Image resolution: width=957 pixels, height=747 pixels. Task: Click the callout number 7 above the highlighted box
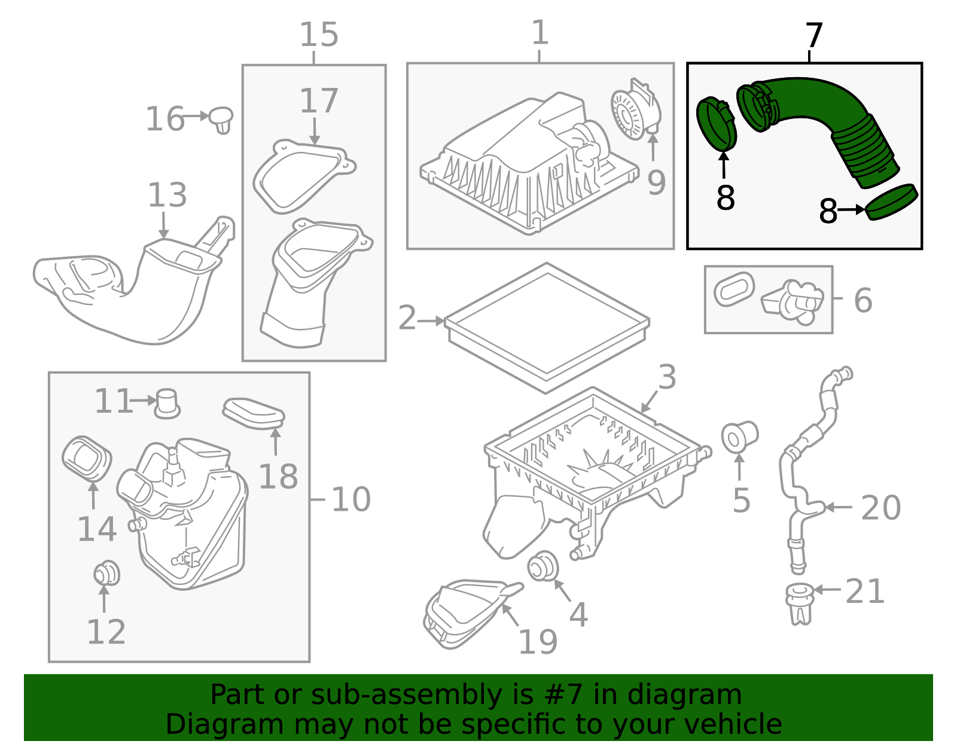pyautogui.click(x=814, y=36)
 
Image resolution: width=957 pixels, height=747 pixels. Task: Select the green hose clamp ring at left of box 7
pyautogui.click(x=717, y=124)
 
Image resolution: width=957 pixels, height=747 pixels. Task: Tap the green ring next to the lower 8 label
pyautogui.click(x=892, y=202)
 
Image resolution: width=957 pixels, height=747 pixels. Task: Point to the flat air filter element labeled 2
pyautogui.click(x=547, y=327)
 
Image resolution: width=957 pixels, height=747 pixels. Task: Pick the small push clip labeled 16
pyautogui.click(x=221, y=120)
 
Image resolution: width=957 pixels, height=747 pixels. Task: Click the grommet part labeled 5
pyautogui.click(x=739, y=437)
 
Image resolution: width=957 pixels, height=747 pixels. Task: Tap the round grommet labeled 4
pyautogui.click(x=543, y=566)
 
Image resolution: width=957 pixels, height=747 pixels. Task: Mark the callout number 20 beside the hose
pyautogui.click(x=880, y=508)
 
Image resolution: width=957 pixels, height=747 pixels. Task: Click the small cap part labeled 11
pyautogui.click(x=167, y=403)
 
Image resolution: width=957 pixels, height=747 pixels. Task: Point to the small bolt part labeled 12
pyautogui.click(x=107, y=574)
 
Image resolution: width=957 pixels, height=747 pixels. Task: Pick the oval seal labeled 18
pyautogui.click(x=254, y=413)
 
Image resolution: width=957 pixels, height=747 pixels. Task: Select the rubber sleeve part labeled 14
pyautogui.click(x=87, y=459)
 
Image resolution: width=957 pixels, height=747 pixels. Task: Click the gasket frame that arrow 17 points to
pyautogui.click(x=304, y=176)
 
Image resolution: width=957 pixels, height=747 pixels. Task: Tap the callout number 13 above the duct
pyautogui.click(x=167, y=195)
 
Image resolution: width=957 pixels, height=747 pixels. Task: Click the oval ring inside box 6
pyautogui.click(x=734, y=289)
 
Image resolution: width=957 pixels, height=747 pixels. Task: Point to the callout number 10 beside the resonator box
pyautogui.click(x=351, y=499)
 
